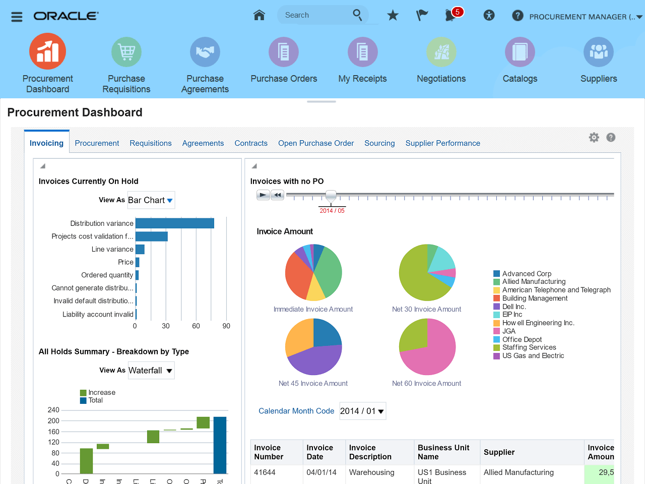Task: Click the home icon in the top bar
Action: (x=259, y=15)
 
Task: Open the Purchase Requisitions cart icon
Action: (x=126, y=52)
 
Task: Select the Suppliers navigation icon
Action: (x=598, y=52)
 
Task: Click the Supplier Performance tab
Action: (x=442, y=143)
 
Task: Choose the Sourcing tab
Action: (x=379, y=143)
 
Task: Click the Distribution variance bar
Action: (x=174, y=223)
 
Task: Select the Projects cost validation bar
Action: (x=151, y=236)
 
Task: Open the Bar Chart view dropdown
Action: (x=151, y=200)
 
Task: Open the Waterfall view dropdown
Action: (x=151, y=371)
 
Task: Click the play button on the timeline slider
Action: (x=263, y=195)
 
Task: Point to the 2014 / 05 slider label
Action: (x=332, y=211)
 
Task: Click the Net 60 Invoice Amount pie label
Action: (x=426, y=383)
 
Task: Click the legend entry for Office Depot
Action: (x=522, y=339)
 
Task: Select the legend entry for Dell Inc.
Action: (x=513, y=307)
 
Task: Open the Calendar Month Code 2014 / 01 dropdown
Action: (x=362, y=411)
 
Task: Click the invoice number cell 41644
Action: (x=265, y=472)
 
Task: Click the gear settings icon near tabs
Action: (x=594, y=138)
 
